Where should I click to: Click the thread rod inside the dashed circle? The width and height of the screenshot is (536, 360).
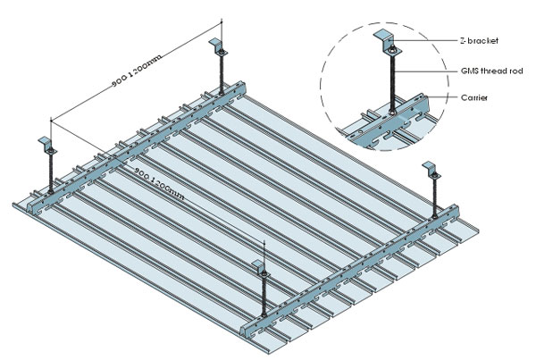(x=390, y=80)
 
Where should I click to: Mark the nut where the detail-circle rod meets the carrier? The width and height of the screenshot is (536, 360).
(x=390, y=114)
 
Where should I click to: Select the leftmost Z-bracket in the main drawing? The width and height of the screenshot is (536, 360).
(x=47, y=145)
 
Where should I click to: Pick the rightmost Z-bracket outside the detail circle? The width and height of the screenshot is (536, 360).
(x=432, y=169)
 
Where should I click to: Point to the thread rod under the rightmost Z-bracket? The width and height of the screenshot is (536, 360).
(x=434, y=195)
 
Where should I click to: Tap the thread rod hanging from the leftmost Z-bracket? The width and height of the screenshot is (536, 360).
(x=51, y=170)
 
